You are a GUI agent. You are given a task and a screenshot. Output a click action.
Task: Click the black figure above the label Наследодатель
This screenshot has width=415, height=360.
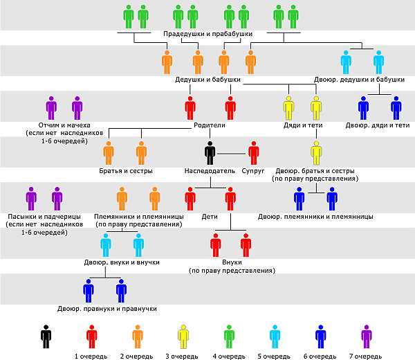210,153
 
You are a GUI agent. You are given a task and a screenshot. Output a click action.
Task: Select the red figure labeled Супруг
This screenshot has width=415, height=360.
254,153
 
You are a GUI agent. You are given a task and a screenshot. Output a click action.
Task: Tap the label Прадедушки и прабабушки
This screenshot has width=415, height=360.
207,34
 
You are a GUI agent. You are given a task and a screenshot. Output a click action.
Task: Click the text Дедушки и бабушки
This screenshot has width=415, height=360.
207,80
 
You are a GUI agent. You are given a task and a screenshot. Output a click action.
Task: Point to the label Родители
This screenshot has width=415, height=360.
210,125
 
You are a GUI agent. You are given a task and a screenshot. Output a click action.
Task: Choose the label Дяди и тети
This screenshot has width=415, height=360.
303,125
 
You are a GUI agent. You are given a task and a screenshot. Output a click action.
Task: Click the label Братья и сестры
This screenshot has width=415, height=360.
126,171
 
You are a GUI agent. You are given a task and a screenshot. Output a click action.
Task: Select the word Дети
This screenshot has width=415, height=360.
210,217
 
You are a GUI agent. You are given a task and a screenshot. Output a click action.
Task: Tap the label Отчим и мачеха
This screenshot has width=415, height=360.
64,125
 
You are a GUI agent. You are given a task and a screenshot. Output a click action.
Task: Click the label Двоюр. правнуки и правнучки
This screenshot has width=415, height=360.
107,309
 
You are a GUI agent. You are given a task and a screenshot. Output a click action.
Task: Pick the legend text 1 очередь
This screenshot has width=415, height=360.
91,357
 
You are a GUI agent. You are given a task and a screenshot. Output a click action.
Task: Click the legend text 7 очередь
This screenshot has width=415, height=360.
365,357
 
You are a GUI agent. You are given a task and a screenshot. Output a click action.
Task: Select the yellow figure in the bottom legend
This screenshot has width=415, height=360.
183,336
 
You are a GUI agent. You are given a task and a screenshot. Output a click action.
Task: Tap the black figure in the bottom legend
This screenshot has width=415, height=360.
46,336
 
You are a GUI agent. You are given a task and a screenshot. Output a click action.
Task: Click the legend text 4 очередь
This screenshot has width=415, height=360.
229,357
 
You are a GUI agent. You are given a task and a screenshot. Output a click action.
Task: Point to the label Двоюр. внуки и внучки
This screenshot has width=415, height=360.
122,262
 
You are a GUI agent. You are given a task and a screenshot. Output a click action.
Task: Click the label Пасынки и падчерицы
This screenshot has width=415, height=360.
44,217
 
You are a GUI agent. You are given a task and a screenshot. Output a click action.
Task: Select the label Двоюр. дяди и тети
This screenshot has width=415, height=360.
378,125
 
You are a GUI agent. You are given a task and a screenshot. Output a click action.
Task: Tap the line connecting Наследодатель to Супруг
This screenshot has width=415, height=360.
232,154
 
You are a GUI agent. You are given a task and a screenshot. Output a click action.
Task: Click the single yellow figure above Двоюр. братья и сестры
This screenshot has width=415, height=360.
316,153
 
